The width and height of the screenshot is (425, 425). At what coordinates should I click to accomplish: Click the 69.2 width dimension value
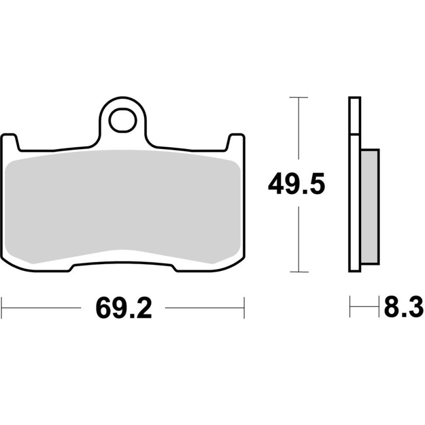pyautogui.click(x=123, y=308)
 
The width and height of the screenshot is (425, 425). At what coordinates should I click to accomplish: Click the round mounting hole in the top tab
pyautogui.click(x=122, y=121)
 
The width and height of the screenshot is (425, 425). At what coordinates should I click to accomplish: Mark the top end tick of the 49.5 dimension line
pyautogui.click(x=299, y=98)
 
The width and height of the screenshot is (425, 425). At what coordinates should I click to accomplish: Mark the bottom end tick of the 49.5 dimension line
pyautogui.click(x=299, y=271)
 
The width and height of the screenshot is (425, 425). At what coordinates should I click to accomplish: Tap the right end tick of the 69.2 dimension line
pyautogui.click(x=244, y=308)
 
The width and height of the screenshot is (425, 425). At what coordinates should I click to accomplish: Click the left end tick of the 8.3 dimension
pyautogui.click(x=350, y=308)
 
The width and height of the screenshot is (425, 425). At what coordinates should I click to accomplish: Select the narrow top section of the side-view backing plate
pyautogui.click(x=355, y=114)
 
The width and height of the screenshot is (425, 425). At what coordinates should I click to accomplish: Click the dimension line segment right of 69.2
pyautogui.click(x=205, y=308)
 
